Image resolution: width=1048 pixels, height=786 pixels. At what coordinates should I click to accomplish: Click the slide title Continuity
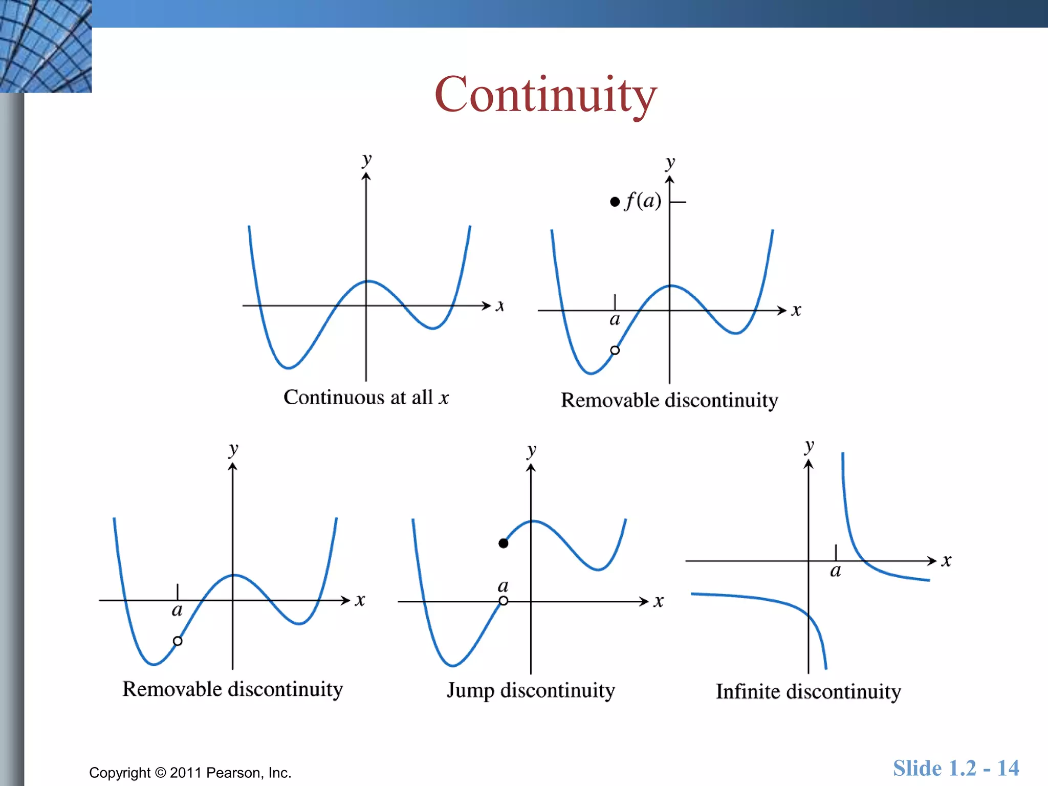pos(545,95)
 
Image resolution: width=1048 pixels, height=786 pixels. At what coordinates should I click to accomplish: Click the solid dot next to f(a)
pos(615,202)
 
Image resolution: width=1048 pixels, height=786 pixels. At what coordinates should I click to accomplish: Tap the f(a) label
pos(643,200)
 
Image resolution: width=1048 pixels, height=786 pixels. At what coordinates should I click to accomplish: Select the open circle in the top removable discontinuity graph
pos(615,350)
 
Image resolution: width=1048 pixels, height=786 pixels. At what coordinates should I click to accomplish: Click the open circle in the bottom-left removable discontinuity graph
pos(178,641)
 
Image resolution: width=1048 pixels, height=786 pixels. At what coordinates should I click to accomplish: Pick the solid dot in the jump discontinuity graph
pos(504,543)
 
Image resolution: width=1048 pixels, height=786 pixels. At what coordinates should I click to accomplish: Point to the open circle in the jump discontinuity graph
pos(504,601)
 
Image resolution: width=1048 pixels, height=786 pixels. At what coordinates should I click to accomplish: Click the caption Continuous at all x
pos(366,397)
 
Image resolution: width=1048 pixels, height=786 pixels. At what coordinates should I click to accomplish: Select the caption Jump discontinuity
pos(531,690)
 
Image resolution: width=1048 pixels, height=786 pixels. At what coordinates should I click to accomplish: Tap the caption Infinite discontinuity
pos(808,692)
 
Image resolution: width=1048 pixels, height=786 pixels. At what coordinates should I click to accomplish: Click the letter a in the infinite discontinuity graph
pos(835,571)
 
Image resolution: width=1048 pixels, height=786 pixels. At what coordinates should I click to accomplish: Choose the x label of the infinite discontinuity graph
pos(946,561)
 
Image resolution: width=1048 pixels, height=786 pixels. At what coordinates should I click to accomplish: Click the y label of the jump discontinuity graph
pos(532,451)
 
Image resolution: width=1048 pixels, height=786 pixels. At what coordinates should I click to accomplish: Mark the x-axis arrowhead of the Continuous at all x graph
pos(487,305)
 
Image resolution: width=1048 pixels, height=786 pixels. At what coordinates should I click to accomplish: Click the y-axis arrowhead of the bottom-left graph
pos(233,467)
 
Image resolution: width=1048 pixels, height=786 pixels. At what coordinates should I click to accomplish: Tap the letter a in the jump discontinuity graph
pos(503,585)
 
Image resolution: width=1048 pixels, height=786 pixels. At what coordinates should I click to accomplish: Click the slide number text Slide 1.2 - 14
pos(956,768)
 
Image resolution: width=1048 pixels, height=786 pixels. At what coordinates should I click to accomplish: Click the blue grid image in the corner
pos(46,46)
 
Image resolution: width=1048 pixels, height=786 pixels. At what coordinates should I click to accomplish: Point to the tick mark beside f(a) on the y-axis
pos(679,202)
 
